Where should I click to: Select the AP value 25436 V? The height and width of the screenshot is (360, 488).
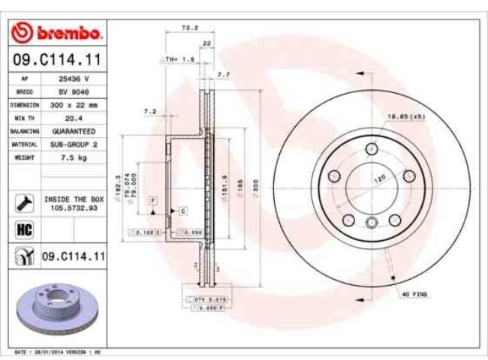tap(74, 78)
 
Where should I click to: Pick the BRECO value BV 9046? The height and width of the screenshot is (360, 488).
tap(74, 91)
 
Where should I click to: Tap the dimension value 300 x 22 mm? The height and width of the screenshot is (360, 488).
tap(74, 105)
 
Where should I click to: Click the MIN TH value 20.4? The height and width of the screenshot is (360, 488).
tap(74, 118)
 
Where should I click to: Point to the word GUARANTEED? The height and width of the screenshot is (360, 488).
tap(74, 131)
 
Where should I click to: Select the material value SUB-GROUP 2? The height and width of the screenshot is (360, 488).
tap(74, 144)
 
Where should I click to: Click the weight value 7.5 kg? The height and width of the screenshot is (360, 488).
tap(74, 157)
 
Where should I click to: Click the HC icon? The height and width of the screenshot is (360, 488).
tap(22, 229)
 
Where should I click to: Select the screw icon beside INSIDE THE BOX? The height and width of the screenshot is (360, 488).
tap(22, 202)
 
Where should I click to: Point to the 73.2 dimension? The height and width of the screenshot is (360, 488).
tap(190, 28)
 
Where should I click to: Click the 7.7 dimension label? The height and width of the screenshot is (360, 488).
tap(223, 74)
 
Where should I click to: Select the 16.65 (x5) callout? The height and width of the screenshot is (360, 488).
tap(405, 117)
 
